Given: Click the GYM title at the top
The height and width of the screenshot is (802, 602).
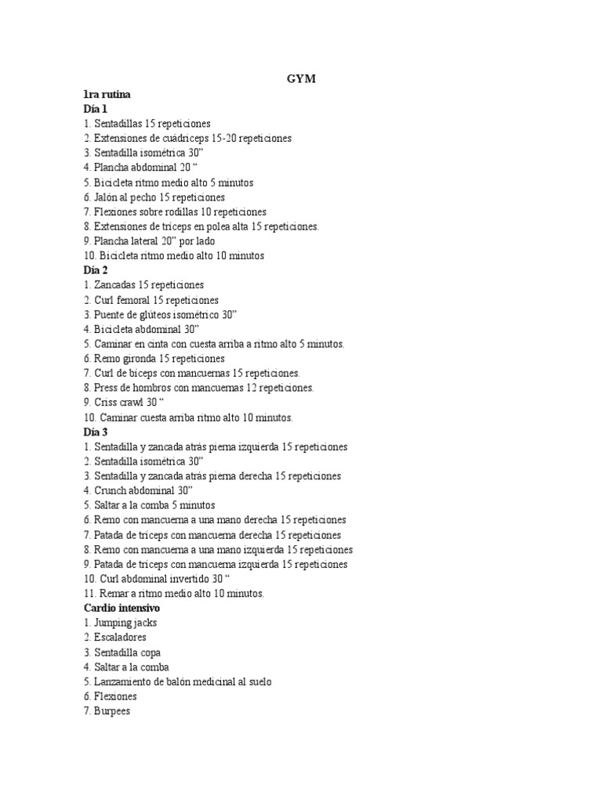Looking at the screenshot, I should [x=300, y=79].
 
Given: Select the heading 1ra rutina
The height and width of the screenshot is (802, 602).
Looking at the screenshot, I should [x=107, y=94].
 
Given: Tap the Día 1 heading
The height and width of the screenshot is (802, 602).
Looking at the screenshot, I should [x=95, y=109].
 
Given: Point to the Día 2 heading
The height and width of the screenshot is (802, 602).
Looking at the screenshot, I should [x=96, y=270].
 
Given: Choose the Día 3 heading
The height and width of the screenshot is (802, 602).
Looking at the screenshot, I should [x=96, y=432].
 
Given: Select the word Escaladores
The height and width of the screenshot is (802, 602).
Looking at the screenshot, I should [x=120, y=638].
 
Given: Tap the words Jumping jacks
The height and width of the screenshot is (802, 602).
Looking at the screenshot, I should [x=125, y=623].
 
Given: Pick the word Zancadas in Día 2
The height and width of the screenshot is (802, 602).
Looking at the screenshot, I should [x=114, y=285].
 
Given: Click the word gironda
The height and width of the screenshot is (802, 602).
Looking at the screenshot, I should [x=138, y=359].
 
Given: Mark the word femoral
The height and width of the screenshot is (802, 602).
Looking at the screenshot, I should [x=135, y=300].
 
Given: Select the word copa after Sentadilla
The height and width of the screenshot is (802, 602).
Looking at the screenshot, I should [x=150, y=652].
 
